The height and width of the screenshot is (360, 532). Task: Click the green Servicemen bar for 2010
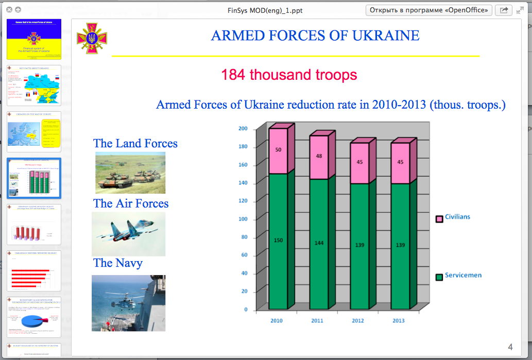pyautogui.click(x=278, y=242)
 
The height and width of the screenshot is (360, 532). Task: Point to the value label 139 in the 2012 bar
pyautogui.click(x=359, y=245)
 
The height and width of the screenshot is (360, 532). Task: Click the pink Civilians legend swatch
pyautogui.click(x=439, y=219)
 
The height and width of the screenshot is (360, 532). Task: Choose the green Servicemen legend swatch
pyautogui.click(x=439, y=277)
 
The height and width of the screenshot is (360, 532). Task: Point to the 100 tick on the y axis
pyautogui.click(x=243, y=219)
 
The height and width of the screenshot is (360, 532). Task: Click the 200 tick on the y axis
pyautogui.click(x=243, y=129)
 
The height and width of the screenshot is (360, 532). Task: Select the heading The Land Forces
pyautogui.click(x=135, y=144)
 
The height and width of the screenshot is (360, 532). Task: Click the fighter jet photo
pyautogui.click(x=128, y=234)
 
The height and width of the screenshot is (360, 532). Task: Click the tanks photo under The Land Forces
pyautogui.click(x=130, y=173)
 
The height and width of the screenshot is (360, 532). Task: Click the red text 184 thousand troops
pyautogui.click(x=289, y=75)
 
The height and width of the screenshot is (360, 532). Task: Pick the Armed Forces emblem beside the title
pyautogui.click(x=92, y=38)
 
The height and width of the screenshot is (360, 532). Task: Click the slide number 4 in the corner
pyautogui.click(x=510, y=346)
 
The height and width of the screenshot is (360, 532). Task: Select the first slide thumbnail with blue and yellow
pyautogui.click(x=34, y=39)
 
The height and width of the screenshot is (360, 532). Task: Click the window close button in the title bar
pyautogui.click(x=9, y=10)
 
